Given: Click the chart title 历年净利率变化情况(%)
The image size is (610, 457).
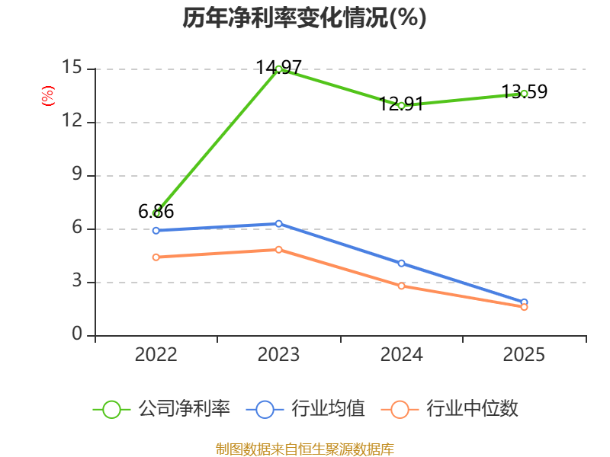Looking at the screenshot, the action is (304, 18).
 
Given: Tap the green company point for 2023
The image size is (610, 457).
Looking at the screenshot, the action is (278, 69).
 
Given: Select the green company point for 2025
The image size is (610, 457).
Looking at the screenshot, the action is (524, 94).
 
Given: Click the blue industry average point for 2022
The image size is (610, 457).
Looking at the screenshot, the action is (156, 231).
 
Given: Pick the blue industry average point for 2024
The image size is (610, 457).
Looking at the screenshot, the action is (402, 264).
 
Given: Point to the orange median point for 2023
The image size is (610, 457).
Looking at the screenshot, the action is (278, 250).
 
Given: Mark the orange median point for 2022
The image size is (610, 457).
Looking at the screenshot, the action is (156, 257).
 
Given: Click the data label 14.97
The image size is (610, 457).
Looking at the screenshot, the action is (278, 67).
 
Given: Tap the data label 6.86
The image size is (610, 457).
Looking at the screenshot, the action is (156, 212).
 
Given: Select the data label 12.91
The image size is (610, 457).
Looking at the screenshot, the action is (401, 104).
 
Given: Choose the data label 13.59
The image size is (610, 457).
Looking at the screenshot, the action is (525, 91).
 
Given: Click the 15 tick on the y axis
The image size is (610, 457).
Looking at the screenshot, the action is (72, 67).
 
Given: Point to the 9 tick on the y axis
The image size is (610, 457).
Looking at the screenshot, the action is (77, 174).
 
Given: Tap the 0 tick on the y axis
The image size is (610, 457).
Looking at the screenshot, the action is (77, 334).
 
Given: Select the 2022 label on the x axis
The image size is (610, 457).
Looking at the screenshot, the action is (156, 355).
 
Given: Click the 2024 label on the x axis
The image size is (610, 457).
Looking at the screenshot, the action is (402, 355).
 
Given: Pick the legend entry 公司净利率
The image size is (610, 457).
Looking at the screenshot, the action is (162, 409).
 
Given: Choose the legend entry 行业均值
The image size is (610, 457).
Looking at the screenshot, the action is (306, 409).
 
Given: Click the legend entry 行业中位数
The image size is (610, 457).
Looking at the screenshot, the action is (449, 409).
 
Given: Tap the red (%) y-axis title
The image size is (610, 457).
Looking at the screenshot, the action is (48, 96).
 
